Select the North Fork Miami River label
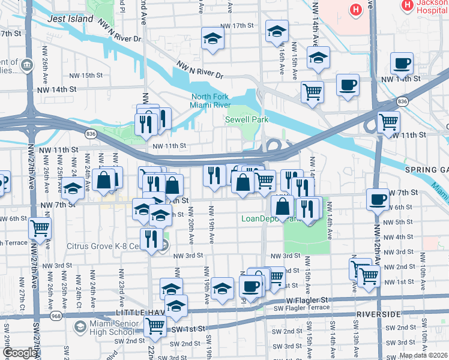(211, 101)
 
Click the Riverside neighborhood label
(378, 314)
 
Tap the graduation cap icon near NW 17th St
(212, 38)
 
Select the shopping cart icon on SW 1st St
(155, 326)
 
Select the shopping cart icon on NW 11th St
(388, 122)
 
